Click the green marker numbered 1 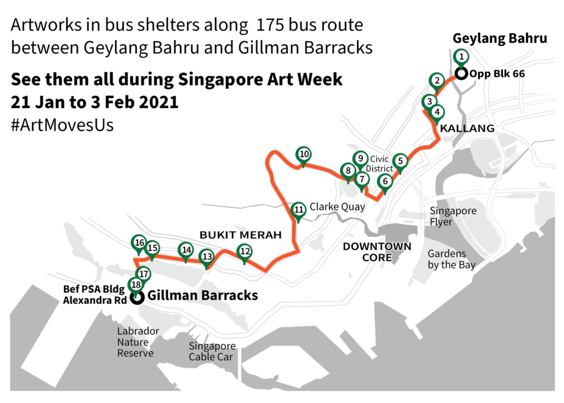[461, 57]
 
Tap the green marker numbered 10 [304, 154]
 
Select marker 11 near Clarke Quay [299, 209]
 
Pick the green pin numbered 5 [400, 161]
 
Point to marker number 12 [244, 250]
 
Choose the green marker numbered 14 [185, 250]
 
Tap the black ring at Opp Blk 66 [461, 74]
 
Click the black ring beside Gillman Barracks [137, 298]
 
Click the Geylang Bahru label [500, 38]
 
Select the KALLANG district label [467, 128]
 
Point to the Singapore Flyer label [453, 216]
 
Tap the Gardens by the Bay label [451, 259]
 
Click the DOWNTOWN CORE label [377, 252]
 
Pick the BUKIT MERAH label [240, 235]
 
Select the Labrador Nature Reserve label [137, 342]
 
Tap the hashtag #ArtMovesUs [62, 125]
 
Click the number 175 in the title [273, 26]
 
